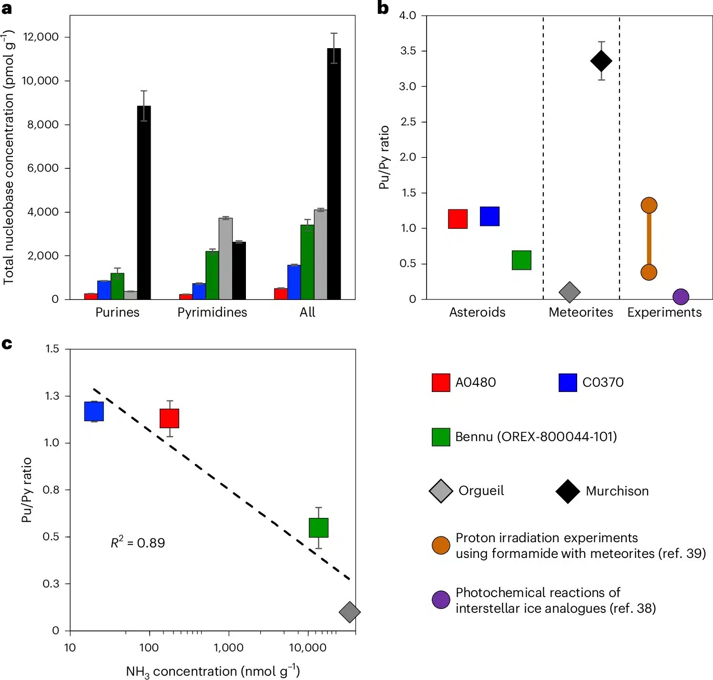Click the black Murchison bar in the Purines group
click(x=144, y=203)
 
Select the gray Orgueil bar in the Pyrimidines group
click(x=225, y=259)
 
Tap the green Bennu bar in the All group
click(x=307, y=262)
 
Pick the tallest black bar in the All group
click(x=334, y=174)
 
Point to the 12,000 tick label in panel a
click(x=41, y=37)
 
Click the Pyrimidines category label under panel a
click(x=212, y=312)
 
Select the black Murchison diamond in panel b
click(x=601, y=61)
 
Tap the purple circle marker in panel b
click(x=681, y=297)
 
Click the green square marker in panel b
click(x=521, y=260)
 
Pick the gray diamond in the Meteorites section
click(x=570, y=292)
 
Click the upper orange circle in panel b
click(x=649, y=206)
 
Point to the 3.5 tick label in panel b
click(x=408, y=51)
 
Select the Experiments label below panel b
click(x=664, y=312)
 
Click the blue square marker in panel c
click(x=94, y=411)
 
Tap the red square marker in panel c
click(x=169, y=418)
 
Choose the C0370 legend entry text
click(x=603, y=382)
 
